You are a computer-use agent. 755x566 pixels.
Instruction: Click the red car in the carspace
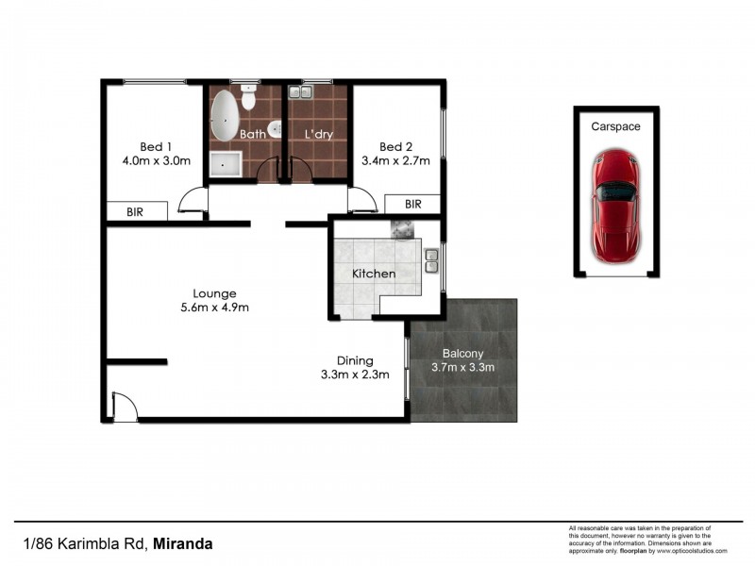point(615,206)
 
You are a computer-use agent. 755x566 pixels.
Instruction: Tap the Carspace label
point(614,125)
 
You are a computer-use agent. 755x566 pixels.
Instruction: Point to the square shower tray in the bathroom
point(226,164)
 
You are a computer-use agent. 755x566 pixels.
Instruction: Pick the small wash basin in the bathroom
point(274,130)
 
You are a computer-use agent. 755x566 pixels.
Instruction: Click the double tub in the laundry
point(302,92)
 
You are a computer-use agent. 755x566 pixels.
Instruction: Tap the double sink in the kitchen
point(431,259)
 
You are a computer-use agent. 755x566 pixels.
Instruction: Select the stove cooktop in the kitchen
point(403,228)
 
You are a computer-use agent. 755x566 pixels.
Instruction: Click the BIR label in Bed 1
point(136,212)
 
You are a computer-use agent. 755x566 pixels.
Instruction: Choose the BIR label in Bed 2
point(412,204)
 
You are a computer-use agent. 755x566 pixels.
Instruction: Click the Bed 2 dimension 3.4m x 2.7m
point(396,160)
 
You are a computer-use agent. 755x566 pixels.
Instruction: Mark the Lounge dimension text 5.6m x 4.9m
point(216,308)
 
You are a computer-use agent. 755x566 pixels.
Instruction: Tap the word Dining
point(355,360)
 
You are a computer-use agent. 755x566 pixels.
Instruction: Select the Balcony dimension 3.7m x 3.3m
point(462,367)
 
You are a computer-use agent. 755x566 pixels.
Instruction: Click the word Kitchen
point(374,274)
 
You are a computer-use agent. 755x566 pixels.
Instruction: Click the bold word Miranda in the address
point(183,543)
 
